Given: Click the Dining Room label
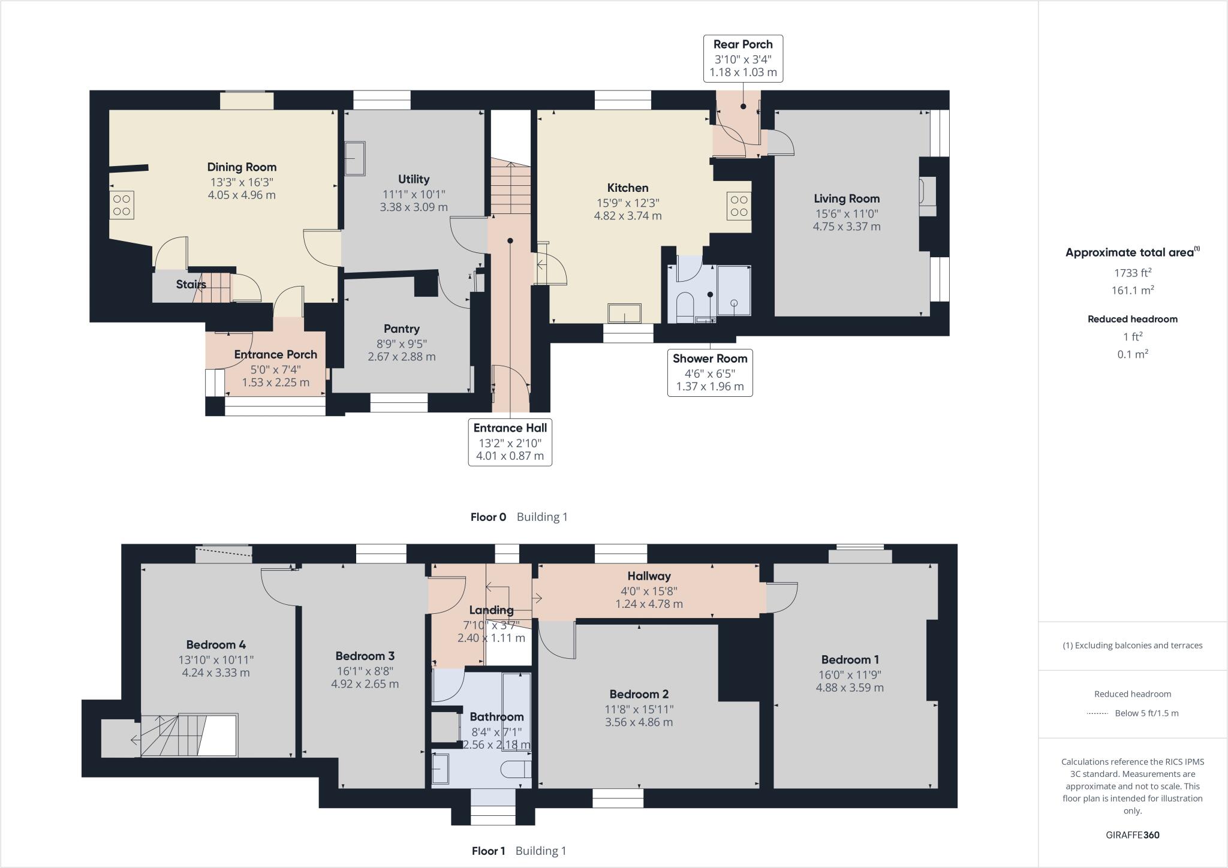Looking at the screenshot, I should coord(242,167).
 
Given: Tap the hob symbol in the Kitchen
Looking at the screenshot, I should coord(739,206).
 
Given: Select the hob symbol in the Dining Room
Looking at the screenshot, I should coord(122,205).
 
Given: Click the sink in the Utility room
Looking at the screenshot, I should coord(355,158).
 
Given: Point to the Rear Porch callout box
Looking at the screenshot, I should coord(743,59).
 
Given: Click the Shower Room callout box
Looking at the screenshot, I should coord(710,372).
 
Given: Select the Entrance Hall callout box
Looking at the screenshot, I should coord(510,442).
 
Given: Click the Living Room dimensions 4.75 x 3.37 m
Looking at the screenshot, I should coord(846,227).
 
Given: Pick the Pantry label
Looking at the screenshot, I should coord(401,328).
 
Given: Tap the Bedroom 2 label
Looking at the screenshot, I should coord(639,694).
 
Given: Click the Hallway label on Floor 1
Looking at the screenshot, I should coord(649,576).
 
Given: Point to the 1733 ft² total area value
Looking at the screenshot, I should coord(1132,273).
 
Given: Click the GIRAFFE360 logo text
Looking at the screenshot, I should coord(1132,835).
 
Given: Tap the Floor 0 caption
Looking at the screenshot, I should coord(488,517).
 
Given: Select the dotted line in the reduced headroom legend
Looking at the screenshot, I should coord(1097,713).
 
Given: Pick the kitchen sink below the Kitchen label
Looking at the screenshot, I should coord(625,313).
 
